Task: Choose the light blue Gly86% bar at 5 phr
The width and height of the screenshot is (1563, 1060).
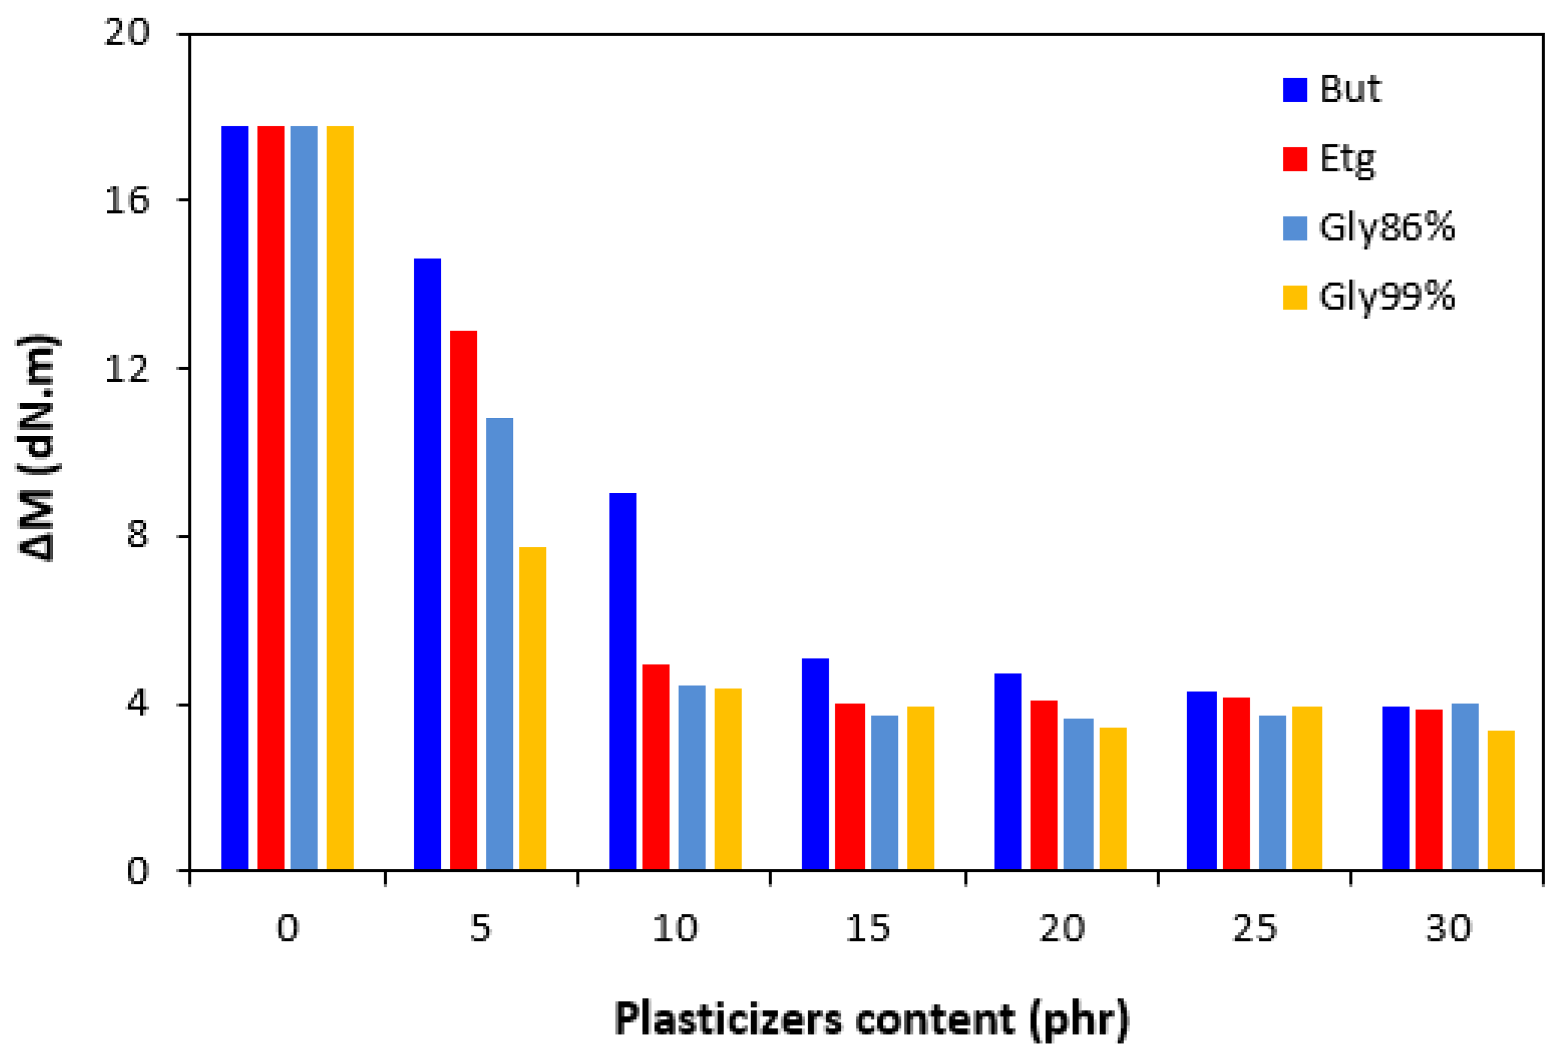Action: click(x=499, y=644)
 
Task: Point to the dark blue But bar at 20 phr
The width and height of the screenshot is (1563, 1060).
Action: click(x=1007, y=771)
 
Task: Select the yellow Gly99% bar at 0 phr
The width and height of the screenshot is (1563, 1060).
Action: click(x=340, y=498)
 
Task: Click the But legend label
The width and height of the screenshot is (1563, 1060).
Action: click(x=1350, y=90)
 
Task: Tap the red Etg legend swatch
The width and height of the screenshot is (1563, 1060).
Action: click(x=1295, y=159)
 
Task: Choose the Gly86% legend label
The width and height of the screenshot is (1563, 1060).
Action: click(x=1387, y=228)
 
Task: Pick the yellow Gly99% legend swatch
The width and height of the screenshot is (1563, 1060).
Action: click(x=1295, y=297)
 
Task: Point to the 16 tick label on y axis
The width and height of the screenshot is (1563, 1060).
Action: click(x=127, y=200)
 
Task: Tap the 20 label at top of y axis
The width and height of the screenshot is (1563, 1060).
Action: click(x=127, y=32)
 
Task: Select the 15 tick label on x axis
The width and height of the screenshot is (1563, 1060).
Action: click(x=868, y=929)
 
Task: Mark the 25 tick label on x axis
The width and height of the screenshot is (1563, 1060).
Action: click(x=1254, y=929)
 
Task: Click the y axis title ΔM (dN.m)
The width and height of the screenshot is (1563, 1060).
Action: click(x=39, y=447)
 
